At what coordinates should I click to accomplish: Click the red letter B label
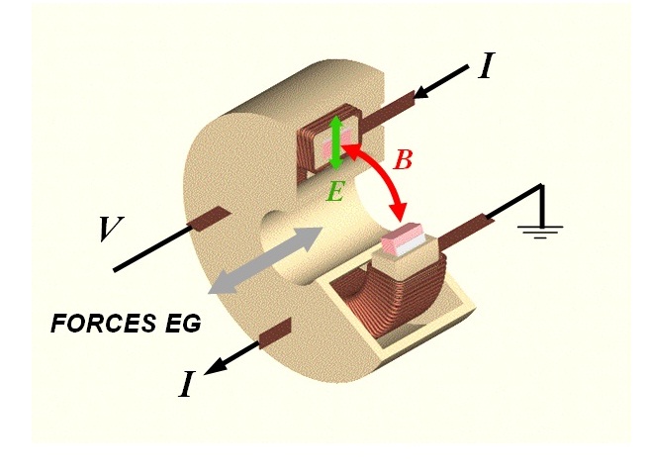tap(403, 160)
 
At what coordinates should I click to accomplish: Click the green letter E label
tap(335, 192)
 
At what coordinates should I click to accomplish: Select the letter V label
tap(110, 229)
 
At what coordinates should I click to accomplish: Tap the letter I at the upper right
tap(486, 66)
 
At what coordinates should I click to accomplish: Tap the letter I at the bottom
tap(186, 384)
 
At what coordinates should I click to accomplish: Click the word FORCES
tap(104, 324)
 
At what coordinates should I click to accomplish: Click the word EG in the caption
tap(183, 324)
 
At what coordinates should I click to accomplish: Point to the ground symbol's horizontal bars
tap(541, 233)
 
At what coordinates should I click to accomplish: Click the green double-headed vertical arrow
tap(336, 143)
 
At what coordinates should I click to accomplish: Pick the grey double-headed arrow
tap(266, 260)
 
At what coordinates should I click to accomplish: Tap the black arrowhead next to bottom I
tap(215, 366)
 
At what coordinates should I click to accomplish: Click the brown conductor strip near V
tap(209, 218)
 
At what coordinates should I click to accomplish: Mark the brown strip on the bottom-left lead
tap(275, 333)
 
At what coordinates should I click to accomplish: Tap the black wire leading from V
tap(151, 248)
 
